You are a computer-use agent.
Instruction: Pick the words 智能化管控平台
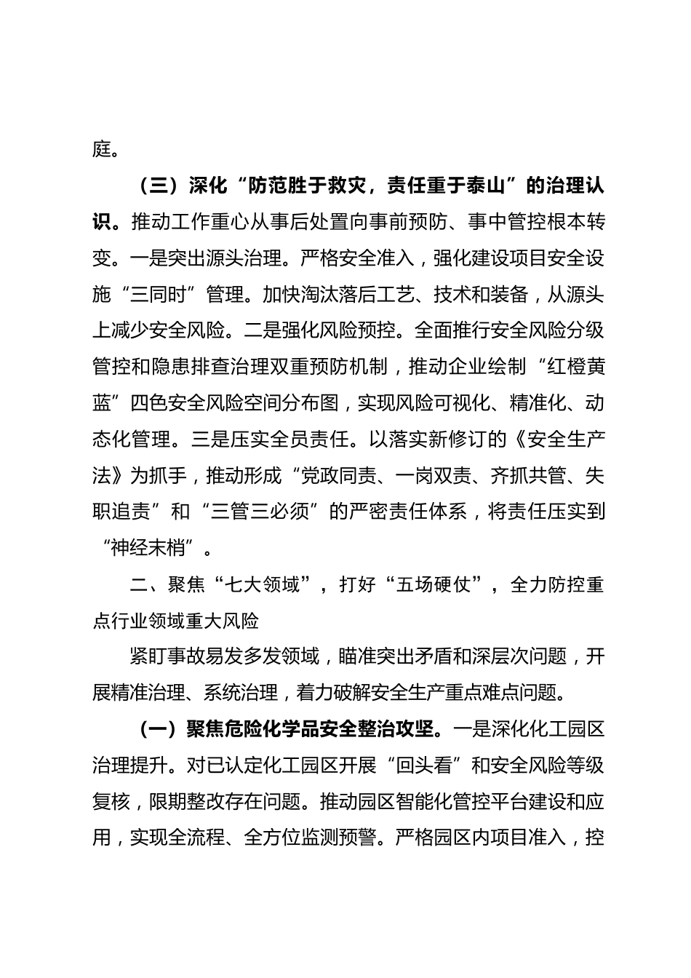click(x=442, y=802)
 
